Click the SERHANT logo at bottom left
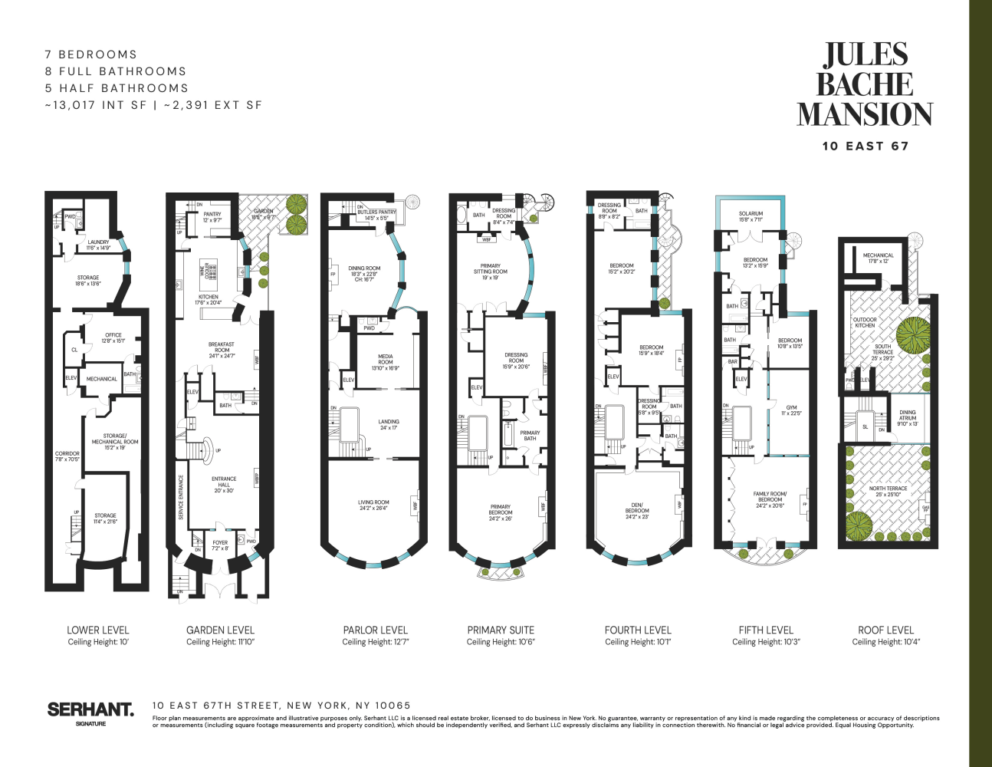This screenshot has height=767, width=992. tap(90, 710)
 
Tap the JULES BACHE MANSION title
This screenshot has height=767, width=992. tap(865, 84)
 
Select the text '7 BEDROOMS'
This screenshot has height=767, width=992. tap(91, 54)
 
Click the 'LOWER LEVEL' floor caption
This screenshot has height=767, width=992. tap(98, 630)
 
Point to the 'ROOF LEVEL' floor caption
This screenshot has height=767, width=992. tap(885, 630)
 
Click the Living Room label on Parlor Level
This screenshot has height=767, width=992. tap(373, 505)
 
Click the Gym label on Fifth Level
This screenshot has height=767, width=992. tap(791, 410)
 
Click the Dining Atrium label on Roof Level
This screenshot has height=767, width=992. tap(907, 418)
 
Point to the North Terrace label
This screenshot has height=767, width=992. tap(888, 491)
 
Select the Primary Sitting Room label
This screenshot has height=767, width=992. tap(490, 272)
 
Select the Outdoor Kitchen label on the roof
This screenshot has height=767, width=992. tap(865, 322)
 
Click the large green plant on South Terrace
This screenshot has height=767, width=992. tap(912, 334)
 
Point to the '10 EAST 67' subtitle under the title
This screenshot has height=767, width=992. tap(865, 146)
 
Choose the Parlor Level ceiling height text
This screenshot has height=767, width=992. tap(376, 642)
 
